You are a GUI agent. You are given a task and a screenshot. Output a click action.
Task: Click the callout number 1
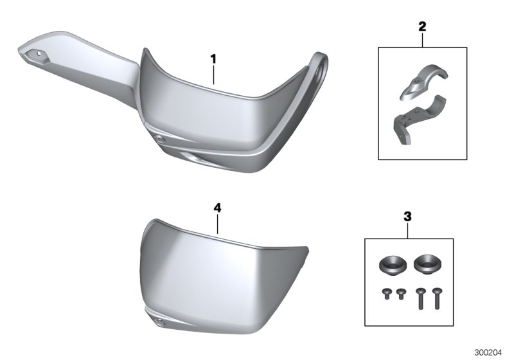pos(213,59)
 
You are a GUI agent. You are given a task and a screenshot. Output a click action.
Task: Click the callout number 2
pos(423,26)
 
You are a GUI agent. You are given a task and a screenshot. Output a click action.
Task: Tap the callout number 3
pos(407,217)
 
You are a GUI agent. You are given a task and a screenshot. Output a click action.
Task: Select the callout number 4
pos(217,208)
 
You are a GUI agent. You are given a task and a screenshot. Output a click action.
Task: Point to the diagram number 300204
pos(488,353)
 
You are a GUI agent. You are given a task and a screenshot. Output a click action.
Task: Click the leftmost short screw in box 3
pos(387,293)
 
